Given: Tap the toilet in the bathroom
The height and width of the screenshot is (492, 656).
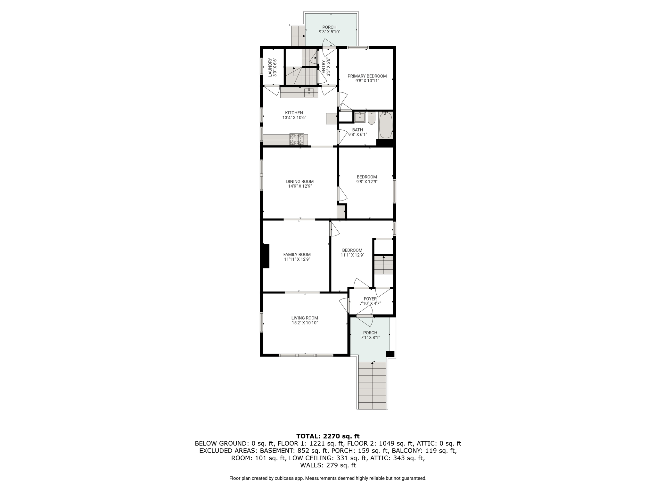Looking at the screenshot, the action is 372,118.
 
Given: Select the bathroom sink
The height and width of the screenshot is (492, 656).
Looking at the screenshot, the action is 360,117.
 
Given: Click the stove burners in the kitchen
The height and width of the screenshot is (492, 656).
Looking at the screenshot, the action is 297,139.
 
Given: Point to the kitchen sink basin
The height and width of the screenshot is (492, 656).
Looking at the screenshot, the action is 309,93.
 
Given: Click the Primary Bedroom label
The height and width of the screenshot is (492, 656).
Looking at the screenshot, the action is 367,76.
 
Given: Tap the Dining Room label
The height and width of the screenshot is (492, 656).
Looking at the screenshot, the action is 300,182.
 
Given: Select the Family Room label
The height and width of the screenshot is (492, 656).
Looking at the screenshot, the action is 297,255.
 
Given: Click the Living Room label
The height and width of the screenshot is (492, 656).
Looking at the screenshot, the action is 305,318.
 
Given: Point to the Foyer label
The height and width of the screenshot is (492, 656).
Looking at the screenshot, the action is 370,299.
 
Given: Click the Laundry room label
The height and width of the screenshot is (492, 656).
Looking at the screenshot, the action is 270,67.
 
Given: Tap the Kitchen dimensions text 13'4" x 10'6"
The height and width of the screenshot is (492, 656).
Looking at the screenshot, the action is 294,118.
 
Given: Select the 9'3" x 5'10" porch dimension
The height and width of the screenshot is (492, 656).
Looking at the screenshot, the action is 329,32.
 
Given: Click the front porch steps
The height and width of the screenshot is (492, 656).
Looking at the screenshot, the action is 372,385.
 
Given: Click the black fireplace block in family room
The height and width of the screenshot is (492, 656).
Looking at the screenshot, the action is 266,256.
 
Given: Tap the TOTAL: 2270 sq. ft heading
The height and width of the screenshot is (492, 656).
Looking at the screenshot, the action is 328,436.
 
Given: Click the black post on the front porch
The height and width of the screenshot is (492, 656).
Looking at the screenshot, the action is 390,354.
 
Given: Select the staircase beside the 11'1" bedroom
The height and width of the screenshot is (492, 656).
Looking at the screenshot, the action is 384,265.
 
